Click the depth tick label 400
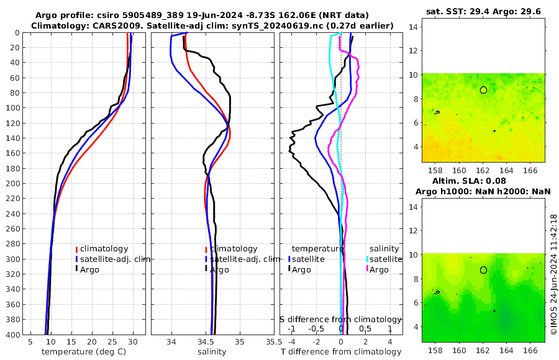point(13,335)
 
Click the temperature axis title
point(85,352)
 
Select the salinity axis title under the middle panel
point(211,352)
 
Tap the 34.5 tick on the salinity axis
point(211,342)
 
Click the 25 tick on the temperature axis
point(112,342)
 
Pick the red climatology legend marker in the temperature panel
point(76,249)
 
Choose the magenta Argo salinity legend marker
point(367,269)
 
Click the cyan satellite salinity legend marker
point(367,259)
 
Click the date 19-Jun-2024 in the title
point(216,15)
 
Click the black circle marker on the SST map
point(483,90)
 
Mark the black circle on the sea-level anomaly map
point(483,270)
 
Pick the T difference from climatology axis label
point(341,352)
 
